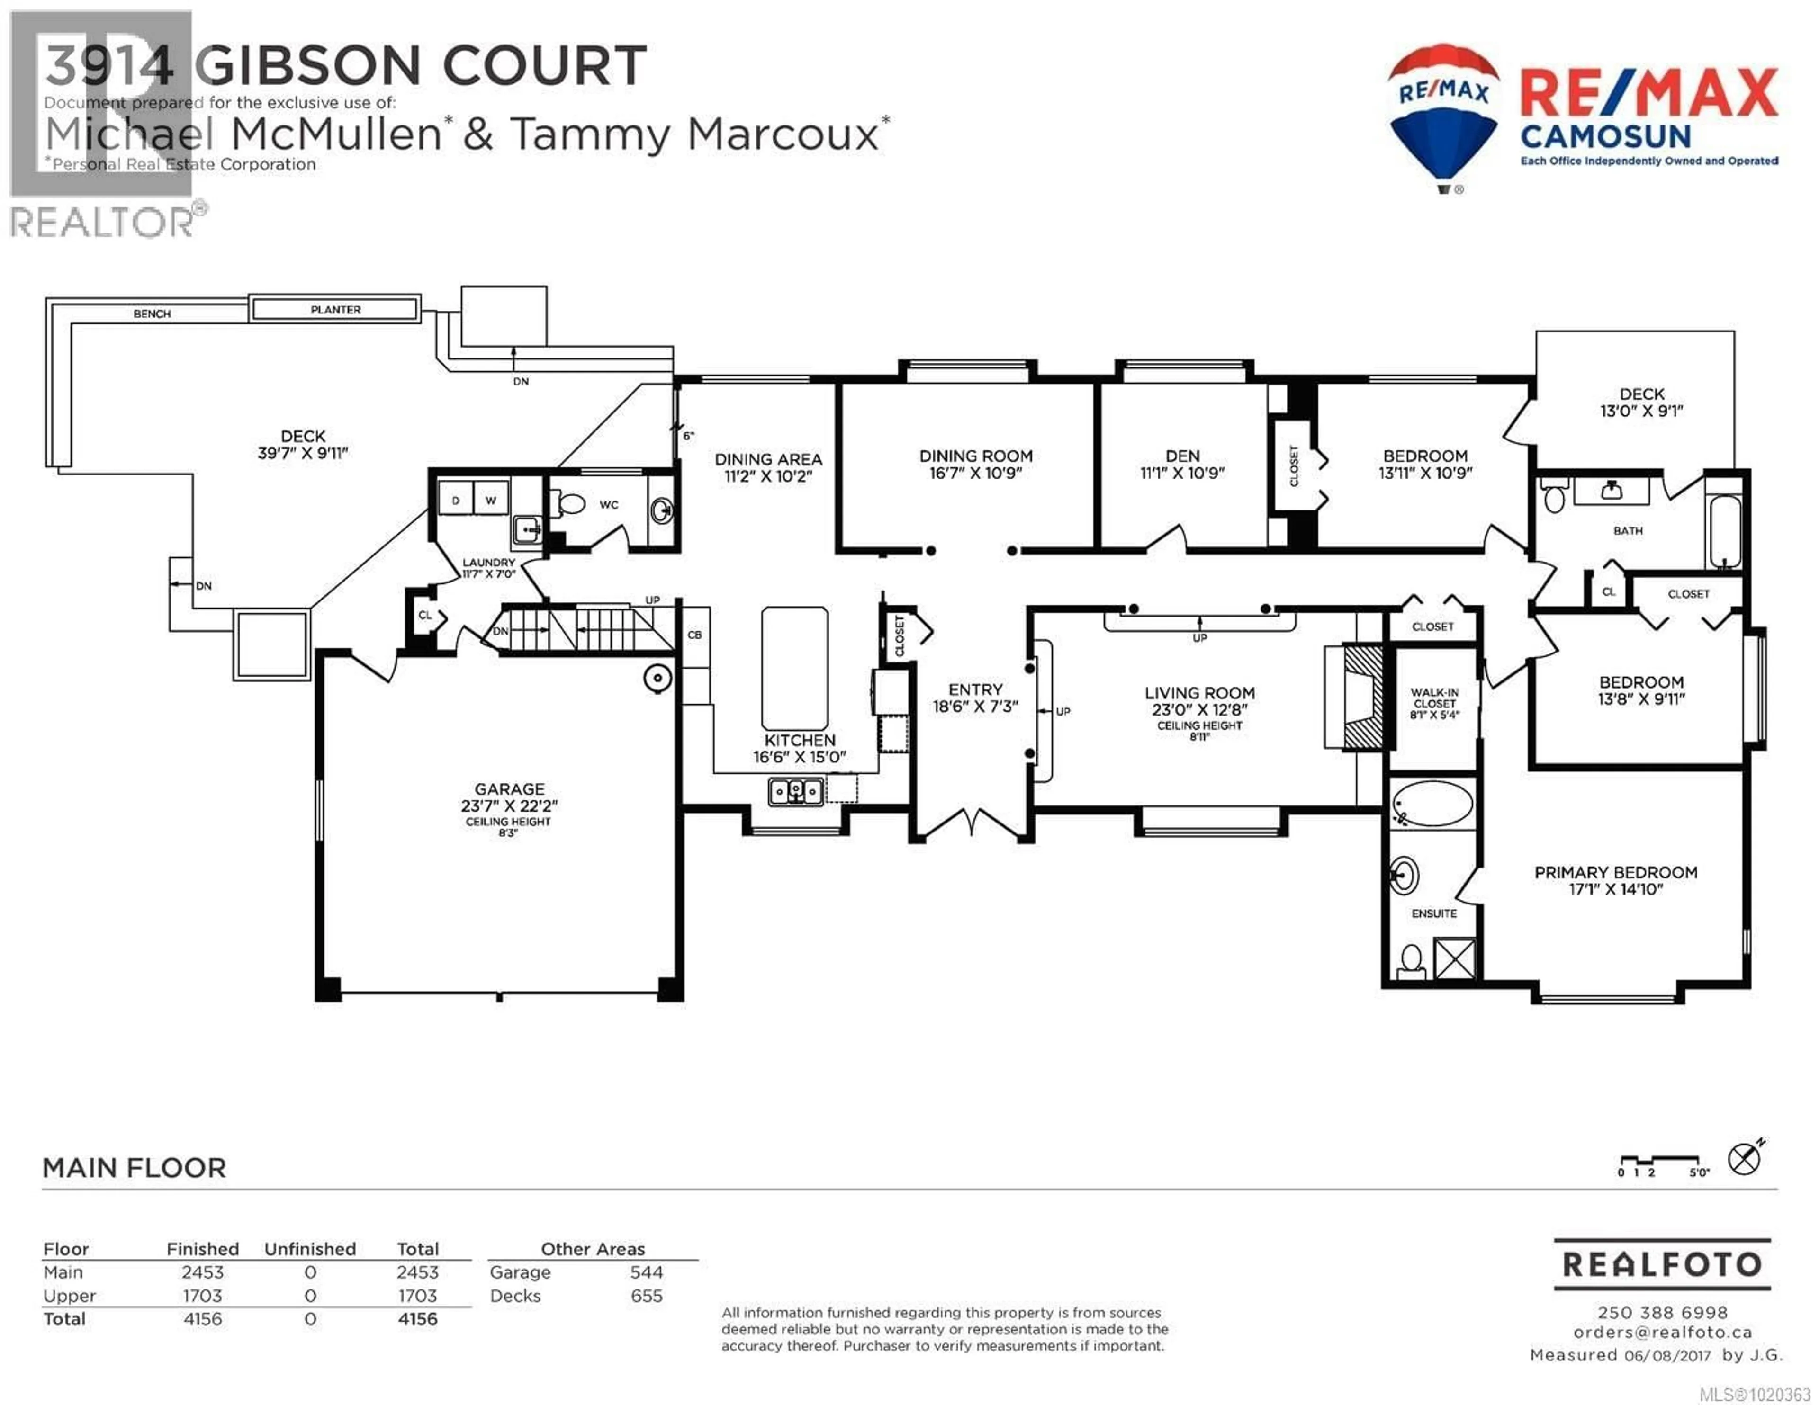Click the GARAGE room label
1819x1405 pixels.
(509, 789)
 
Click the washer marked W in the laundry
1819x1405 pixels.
(491, 500)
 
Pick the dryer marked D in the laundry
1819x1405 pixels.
(456, 500)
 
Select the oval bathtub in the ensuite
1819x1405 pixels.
(1432, 803)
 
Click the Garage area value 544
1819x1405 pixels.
(646, 1272)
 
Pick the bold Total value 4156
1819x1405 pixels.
(417, 1318)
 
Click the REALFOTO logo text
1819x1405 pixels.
(1662, 1264)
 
